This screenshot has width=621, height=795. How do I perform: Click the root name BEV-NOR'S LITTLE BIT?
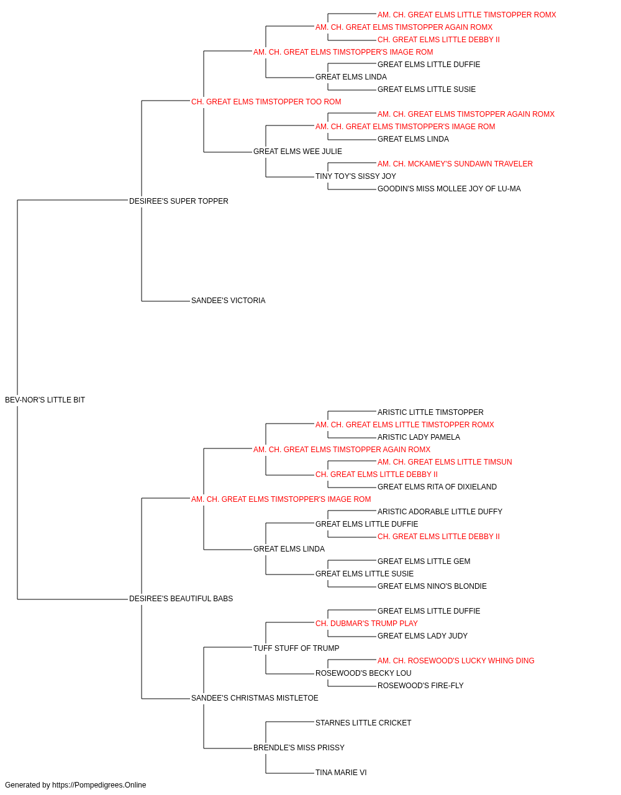(x=45, y=400)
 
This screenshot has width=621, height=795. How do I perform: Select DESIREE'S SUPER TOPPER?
(x=178, y=201)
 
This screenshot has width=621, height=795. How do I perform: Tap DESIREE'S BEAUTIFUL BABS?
(x=181, y=599)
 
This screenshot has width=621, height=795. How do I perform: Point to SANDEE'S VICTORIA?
(x=228, y=301)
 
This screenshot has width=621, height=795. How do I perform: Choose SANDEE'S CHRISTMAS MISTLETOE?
(x=255, y=698)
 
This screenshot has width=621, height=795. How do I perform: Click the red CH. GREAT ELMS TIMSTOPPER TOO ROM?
(x=266, y=102)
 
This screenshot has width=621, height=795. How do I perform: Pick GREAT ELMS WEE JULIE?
(x=297, y=152)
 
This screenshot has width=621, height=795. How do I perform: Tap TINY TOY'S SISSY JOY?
(x=356, y=176)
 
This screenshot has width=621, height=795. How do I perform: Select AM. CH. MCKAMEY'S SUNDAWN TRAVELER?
(x=455, y=164)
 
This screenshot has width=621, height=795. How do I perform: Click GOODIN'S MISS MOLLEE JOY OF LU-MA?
(x=449, y=189)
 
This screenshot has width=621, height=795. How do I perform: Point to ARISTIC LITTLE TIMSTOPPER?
(x=430, y=412)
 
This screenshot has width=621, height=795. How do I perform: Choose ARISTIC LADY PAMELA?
(x=419, y=437)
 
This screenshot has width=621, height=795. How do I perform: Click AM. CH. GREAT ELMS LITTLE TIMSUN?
(x=445, y=462)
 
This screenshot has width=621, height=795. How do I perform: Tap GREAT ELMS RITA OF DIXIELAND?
(x=437, y=487)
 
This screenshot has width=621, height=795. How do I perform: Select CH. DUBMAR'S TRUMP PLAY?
(x=366, y=624)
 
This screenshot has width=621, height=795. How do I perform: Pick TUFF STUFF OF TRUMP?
(x=296, y=648)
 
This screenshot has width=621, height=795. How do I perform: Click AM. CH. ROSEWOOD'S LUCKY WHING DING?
(x=456, y=661)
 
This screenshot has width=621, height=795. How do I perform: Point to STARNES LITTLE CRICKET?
(x=363, y=723)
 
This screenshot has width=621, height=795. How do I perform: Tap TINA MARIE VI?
(x=341, y=773)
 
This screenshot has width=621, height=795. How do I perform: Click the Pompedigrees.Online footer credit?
(x=75, y=785)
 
